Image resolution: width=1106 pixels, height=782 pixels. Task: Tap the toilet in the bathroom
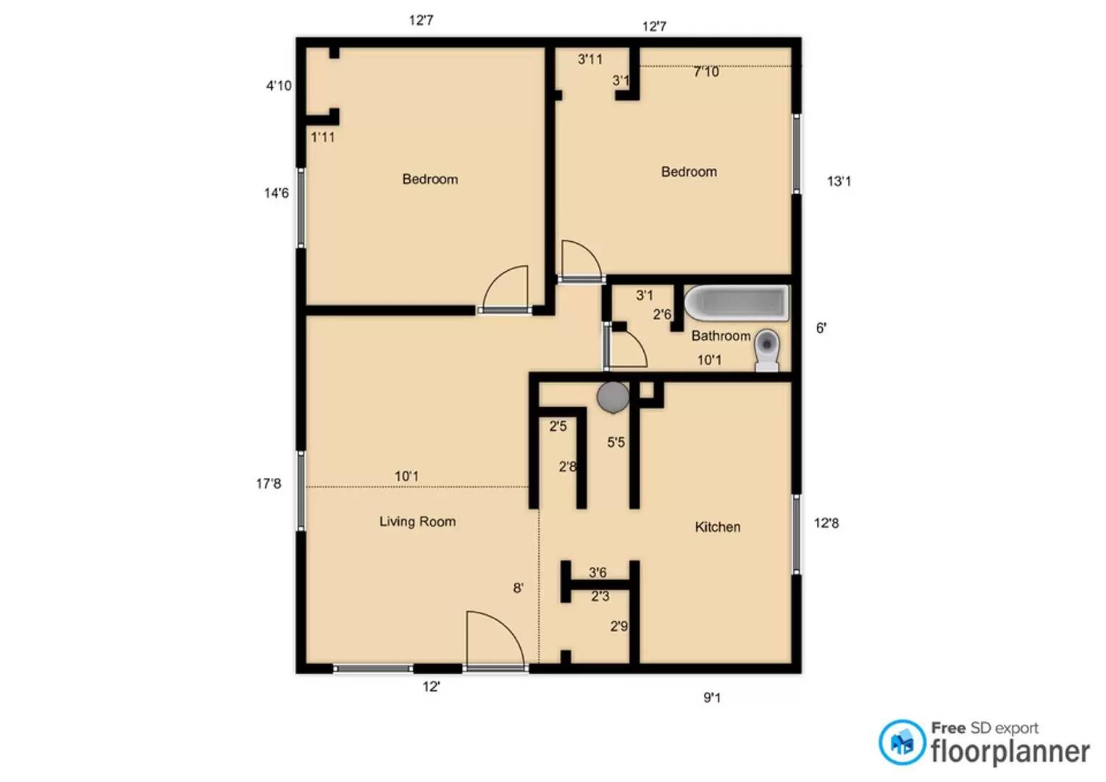click(x=767, y=350)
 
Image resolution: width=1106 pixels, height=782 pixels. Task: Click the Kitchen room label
click(x=718, y=527)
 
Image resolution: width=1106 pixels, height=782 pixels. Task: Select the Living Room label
click(x=417, y=522)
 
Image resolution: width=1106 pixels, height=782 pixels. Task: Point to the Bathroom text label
click(x=721, y=336)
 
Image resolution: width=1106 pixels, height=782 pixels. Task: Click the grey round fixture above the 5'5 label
click(x=613, y=398)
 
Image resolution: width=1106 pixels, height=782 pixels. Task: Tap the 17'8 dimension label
click(x=269, y=484)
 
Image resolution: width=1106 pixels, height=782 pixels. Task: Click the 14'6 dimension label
click(x=277, y=193)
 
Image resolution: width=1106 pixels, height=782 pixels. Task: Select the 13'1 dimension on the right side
click(x=839, y=182)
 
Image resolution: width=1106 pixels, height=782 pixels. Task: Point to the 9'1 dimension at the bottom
click(x=712, y=697)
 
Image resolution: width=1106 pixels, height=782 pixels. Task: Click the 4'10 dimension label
click(x=279, y=86)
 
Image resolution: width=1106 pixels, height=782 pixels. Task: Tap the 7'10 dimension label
click(x=706, y=72)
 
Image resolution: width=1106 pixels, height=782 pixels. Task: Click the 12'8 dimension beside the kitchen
click(x=826, y=523)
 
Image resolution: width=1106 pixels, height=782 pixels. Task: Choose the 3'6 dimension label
click(x=598, y=572)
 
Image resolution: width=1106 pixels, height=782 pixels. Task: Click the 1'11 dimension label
click(x=323, y=138)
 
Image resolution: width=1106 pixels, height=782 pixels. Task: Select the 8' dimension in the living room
click(x=518, y=587)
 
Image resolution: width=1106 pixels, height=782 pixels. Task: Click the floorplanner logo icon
click(x=902, y=742)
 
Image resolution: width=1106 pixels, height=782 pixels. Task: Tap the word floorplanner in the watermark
click(x=1010, y=752)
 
